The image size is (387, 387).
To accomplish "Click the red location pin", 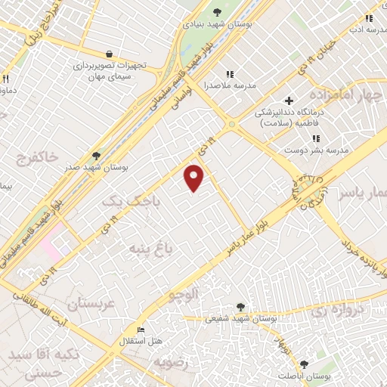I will coord(195,177).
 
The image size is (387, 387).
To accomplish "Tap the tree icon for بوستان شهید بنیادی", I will coord(218,11).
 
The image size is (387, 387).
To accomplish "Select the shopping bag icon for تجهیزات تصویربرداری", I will coord(110,54).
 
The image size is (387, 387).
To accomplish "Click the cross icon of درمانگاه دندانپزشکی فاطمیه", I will coord(289,101).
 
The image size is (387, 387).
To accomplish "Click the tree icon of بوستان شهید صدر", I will coord(96,154).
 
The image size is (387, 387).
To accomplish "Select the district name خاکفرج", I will coord(37,157).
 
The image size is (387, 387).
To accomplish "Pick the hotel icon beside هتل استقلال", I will coord(141,330).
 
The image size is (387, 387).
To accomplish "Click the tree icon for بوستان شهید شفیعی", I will coord(240,307).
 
